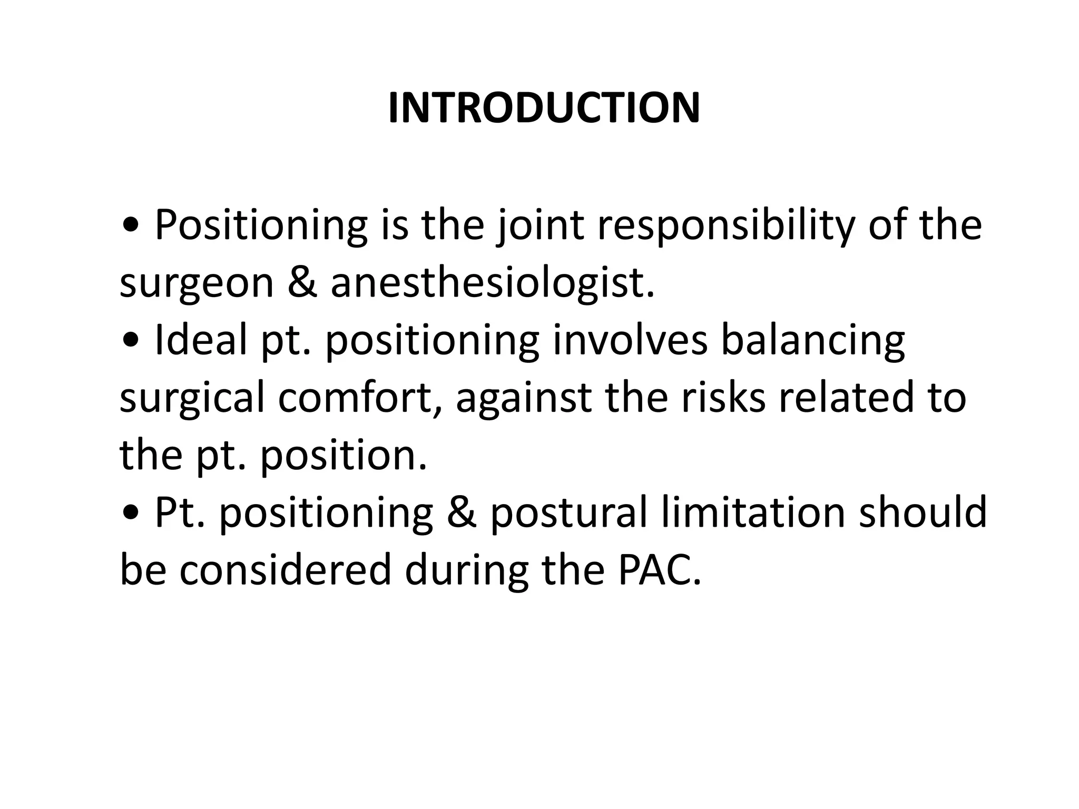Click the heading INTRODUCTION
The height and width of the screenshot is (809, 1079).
[544, 108]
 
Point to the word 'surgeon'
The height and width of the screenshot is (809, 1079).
[197, 283]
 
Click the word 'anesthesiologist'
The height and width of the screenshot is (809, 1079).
[492, 283]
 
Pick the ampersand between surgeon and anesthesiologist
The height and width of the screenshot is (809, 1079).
[302, 283]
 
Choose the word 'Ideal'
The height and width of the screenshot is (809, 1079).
[201, 340]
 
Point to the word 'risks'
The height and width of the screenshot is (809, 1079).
[723, 398]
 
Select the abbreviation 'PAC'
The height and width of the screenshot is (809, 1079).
[660, 570]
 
